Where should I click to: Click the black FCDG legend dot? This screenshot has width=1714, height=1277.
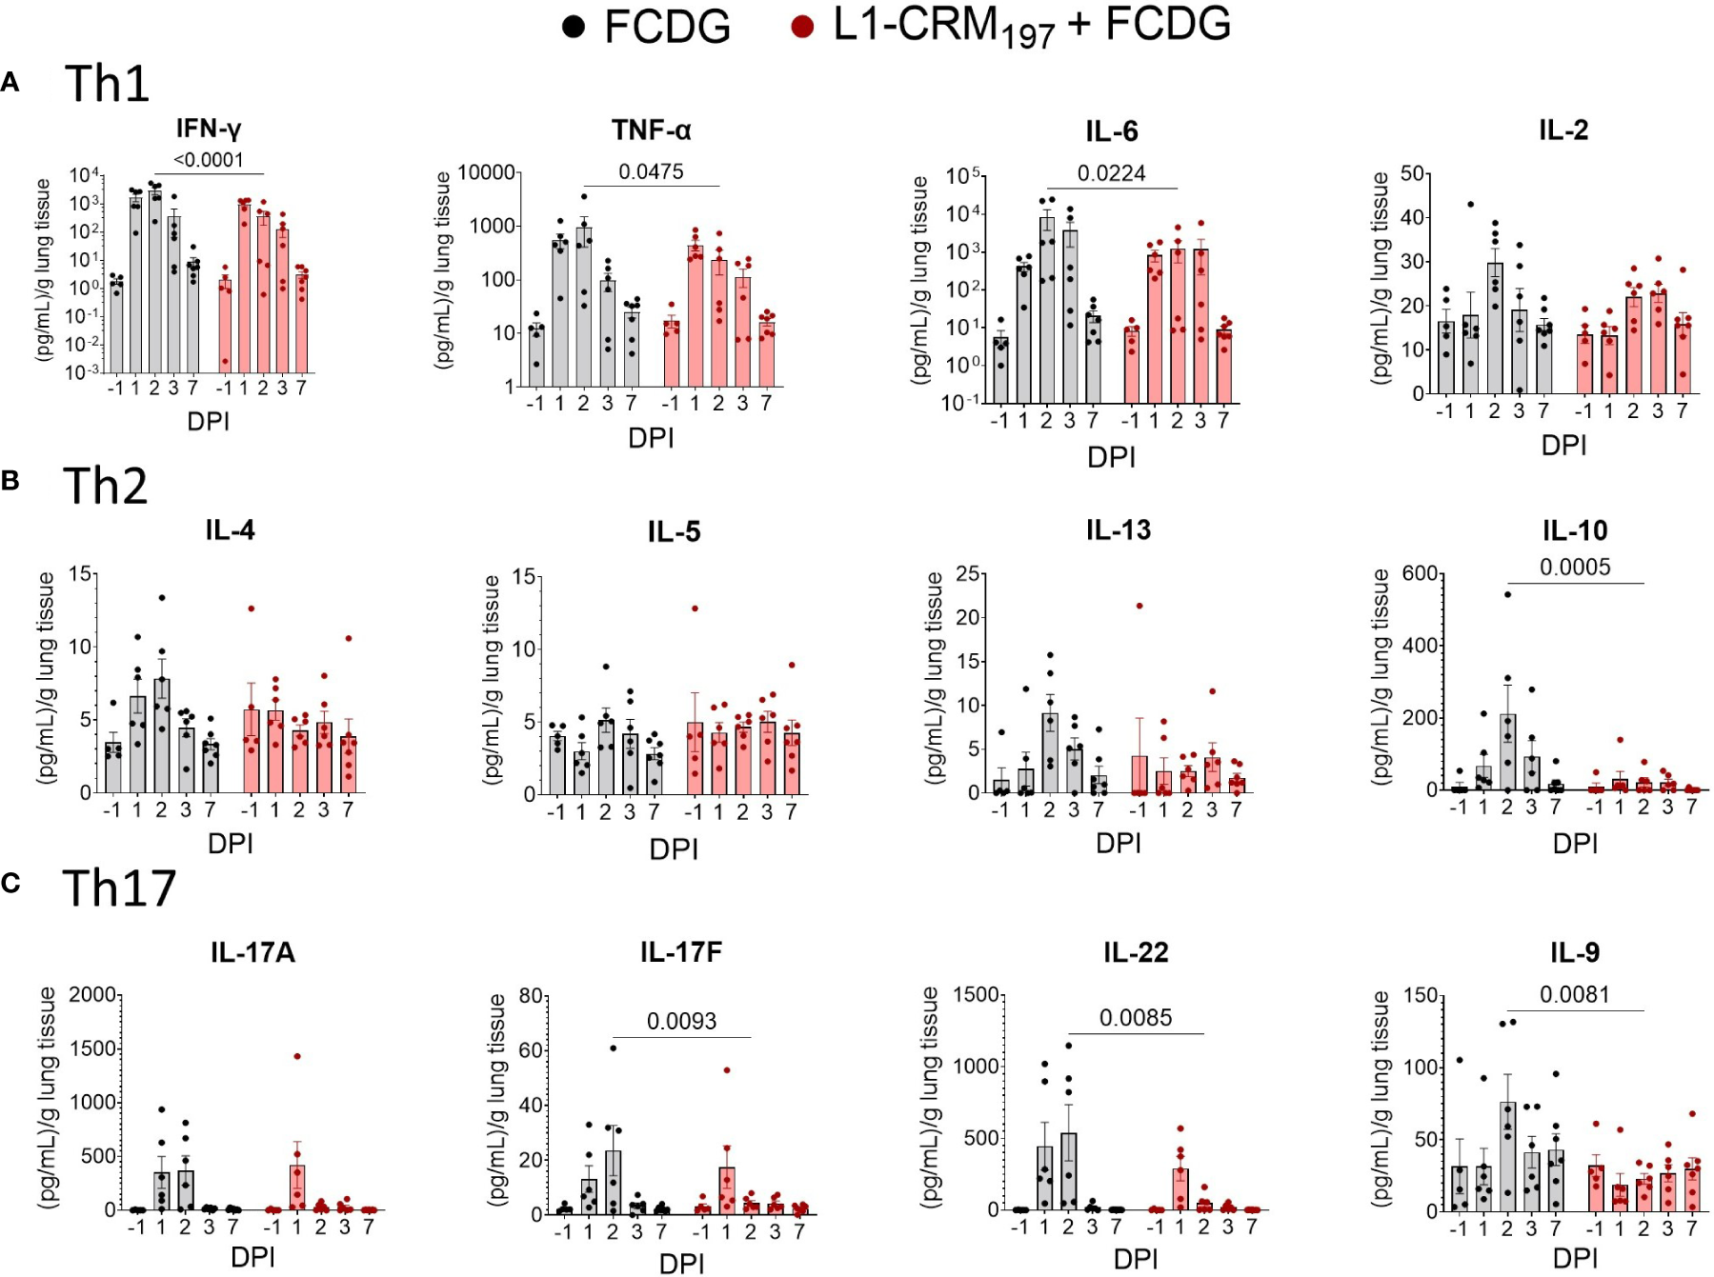point(573,27)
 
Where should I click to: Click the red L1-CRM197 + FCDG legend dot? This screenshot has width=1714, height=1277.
point(802,27)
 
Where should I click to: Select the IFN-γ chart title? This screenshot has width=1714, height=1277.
point(209,129)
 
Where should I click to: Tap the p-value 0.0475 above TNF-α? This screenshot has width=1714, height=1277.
point(651,171)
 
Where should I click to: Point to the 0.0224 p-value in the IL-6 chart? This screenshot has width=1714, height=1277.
point(1111,173)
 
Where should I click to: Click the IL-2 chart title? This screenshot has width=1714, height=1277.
point(1563,130)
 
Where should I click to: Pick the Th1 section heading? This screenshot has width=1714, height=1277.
point(107,84)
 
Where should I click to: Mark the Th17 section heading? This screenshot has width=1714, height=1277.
point(119,888)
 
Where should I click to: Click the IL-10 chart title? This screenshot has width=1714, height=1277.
point(1575,530)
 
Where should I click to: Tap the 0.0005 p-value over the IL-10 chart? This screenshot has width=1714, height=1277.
point(1575,568)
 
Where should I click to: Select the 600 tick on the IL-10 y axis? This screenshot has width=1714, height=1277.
point(1420,573)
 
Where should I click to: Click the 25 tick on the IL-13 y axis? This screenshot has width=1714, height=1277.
point(965,574)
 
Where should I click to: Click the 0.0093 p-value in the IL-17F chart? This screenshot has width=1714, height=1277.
point(681,1022)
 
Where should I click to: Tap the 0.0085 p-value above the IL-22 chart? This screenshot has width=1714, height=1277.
point(1135,1018)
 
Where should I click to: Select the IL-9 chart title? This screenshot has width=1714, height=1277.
point(1575,952)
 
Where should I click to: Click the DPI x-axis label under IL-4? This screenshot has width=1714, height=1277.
point(231,844)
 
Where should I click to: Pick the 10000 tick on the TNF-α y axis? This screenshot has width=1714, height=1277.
point(487,172)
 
